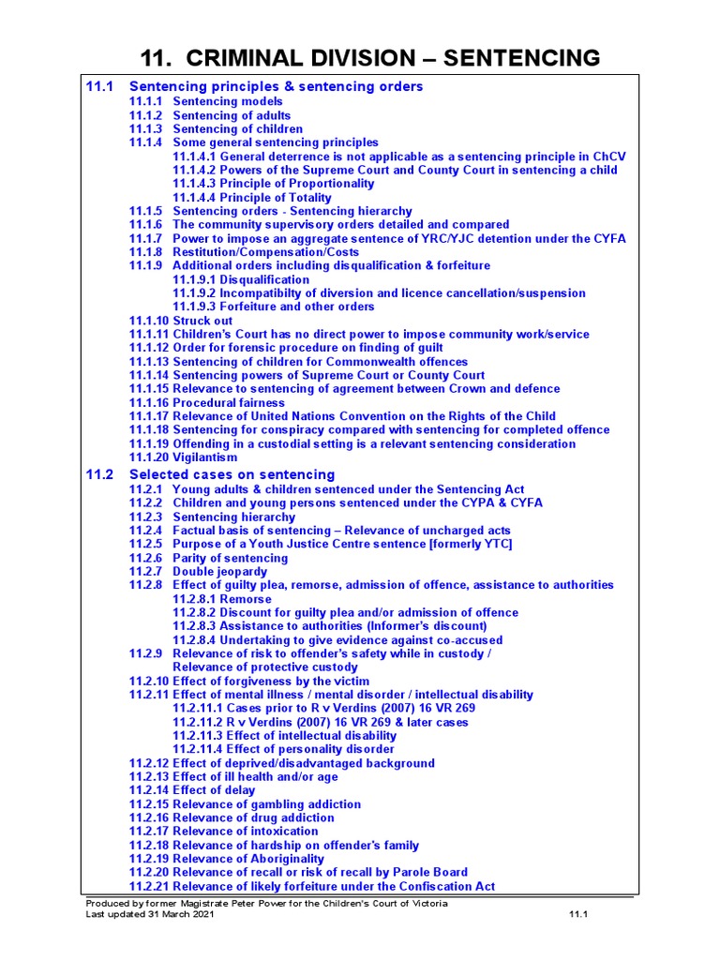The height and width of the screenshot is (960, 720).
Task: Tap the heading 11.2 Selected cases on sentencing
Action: [x=232, y=474]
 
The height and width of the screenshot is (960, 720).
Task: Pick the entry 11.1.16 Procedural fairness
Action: [x=207, y=402]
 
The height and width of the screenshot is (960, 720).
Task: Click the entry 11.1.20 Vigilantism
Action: [x=184, y=457]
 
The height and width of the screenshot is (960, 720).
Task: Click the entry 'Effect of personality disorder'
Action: [x=284, y=749]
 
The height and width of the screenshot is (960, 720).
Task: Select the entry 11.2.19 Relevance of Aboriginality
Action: [x=227, y=859]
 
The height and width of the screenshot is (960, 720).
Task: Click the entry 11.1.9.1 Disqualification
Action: [x=241, y=279]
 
